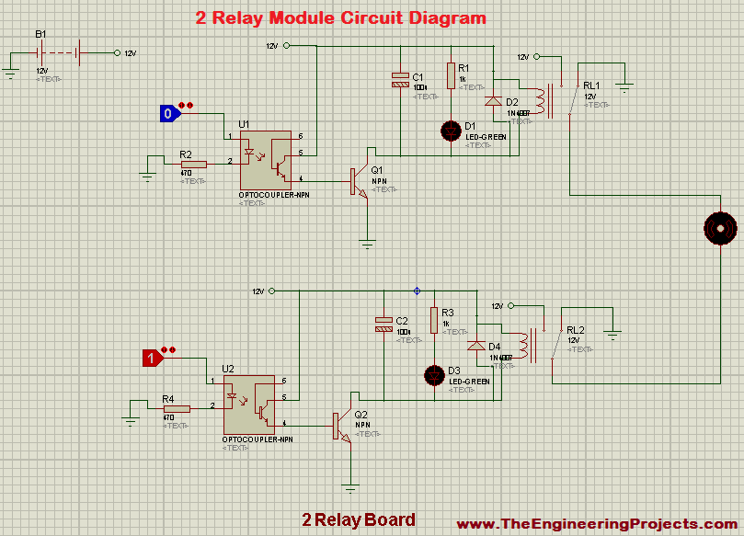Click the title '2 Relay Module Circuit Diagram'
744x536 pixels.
point(341,17)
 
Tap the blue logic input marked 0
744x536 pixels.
point(167,114)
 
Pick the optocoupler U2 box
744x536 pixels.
point(249,405)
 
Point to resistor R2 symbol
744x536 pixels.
point(193,165)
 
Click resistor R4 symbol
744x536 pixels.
point(176,408)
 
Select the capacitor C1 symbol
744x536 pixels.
point(400,79)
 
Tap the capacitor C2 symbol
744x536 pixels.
point(383,324)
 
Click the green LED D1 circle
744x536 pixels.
point(451,130)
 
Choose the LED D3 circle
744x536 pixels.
point(433,374)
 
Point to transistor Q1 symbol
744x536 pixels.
point(361,181)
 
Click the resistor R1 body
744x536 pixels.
point(451,75)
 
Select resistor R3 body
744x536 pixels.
point(433,320)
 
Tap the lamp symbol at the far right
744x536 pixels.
point(720,226)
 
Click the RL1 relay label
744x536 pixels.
point(591,86)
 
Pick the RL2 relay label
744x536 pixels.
point(575,330)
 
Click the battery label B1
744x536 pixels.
point(40,34)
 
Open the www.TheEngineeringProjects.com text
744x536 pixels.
point(597,523)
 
